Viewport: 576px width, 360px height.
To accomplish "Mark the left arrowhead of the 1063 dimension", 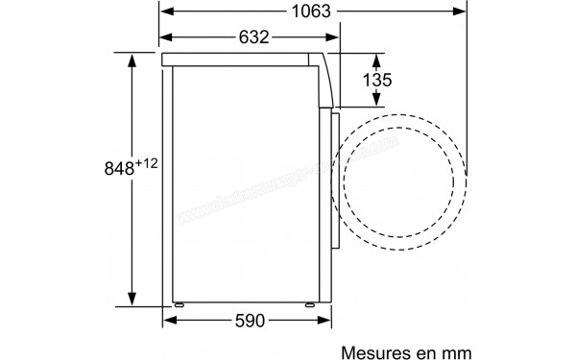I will point(166,12).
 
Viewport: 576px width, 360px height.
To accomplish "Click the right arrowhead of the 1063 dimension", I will point(473,12).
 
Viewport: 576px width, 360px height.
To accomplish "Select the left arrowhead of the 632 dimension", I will point(166,37).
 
